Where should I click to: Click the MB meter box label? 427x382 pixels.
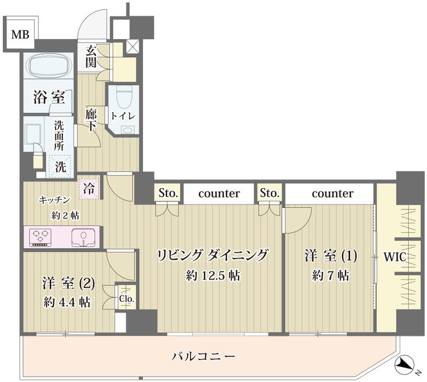tap(20, 36)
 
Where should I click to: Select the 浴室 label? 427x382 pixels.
tap(49, 98)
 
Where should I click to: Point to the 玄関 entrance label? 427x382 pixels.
tap(91, 57)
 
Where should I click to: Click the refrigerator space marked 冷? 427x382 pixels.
tap(89, 189)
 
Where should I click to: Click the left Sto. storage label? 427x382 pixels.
tap(169, 193)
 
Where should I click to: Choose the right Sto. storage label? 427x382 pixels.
tap(270, 193)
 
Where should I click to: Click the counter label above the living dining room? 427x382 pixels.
tap(219, 193)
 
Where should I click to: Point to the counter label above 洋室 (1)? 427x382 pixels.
tap(332, 193)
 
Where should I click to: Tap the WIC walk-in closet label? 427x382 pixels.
tap(395, 257)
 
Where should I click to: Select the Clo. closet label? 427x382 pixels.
tap(126, 298)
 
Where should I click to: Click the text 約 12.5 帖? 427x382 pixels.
tap(212, 276)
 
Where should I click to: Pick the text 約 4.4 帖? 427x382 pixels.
tap(66, 302)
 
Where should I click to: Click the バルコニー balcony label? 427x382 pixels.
tap(203, 356)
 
